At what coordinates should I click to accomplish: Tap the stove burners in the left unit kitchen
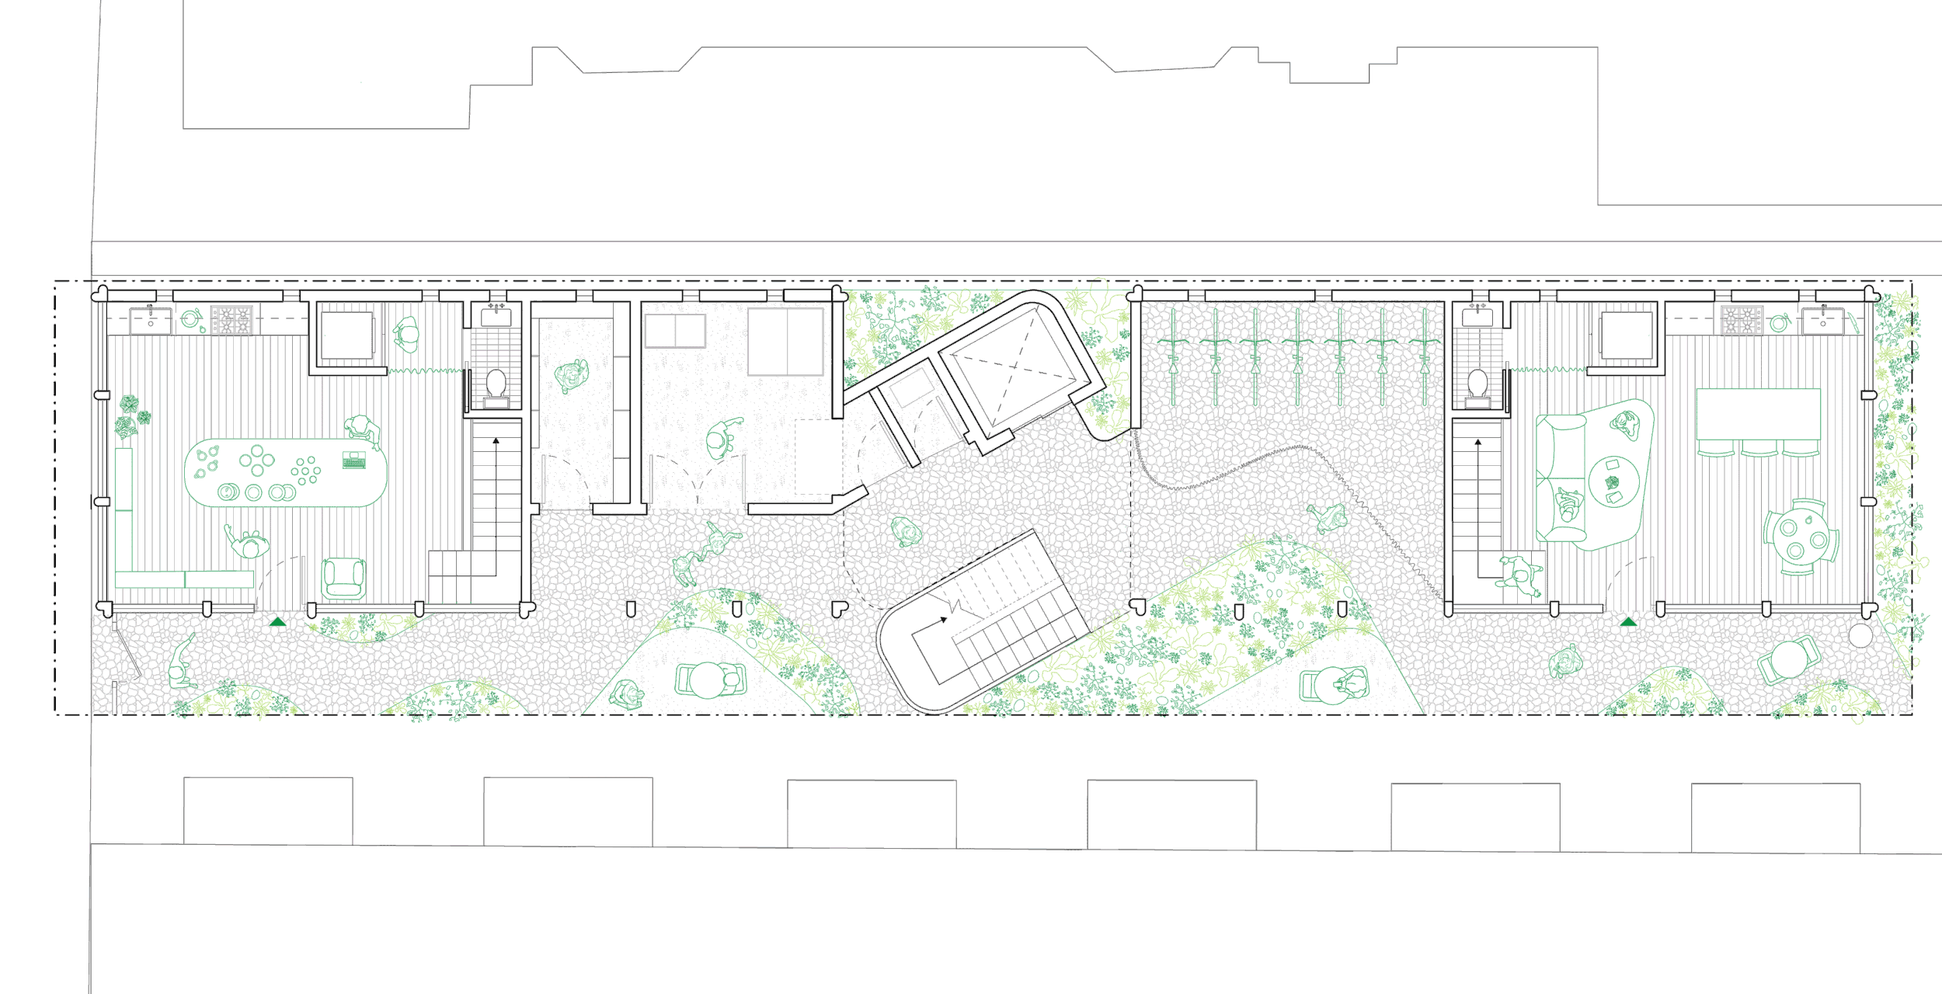tap(231, 320)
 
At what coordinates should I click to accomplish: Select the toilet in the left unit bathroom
tap(496, 384)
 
